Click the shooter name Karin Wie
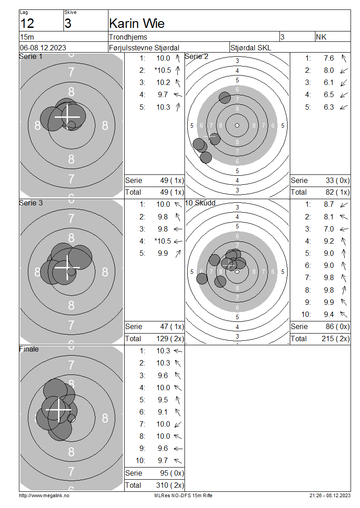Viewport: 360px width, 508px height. pos(136,24)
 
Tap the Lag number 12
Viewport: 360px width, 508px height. pos(27,24)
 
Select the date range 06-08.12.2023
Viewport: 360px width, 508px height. pos(43,48)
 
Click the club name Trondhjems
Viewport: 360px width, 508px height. pos(128,37)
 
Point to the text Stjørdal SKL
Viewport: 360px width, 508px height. pos(250,48)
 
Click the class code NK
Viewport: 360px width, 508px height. pos(321,37)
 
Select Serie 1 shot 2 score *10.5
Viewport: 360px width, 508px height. pos(162,70)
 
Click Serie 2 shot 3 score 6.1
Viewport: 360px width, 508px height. pos(328,83)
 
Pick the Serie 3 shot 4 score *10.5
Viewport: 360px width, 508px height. pos(162,241)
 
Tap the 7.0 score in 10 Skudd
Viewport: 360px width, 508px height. pos(328,229)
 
